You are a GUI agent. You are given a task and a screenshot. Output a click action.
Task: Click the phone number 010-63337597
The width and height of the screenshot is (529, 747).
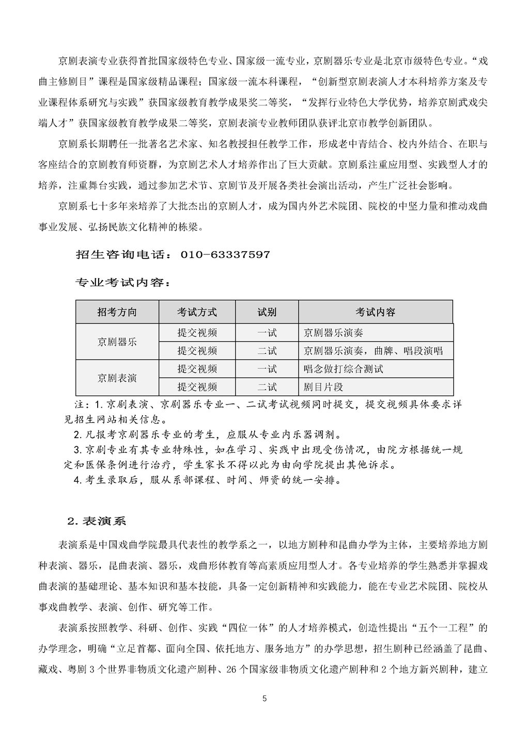[x=225, y=255]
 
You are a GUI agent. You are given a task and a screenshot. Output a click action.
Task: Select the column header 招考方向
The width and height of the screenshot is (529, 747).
[x=117, y=312]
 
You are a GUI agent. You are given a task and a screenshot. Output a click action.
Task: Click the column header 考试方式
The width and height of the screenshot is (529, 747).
[x=197, y=312]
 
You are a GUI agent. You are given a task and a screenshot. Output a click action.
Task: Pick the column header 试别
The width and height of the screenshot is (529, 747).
[x=267, y=312]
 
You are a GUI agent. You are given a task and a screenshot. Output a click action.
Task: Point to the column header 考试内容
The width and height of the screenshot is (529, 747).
[x=376, y=312]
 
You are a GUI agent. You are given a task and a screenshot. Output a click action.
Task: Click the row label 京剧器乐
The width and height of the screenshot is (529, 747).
[x=117, y=342]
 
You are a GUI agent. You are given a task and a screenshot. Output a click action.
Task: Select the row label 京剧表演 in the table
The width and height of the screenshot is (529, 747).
[x=117, y=378]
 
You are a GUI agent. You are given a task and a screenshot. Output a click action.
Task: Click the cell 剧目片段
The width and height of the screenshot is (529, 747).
[x=323, y=387]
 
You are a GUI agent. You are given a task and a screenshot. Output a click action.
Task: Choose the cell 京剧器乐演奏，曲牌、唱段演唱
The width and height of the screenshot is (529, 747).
[x=373, y=351]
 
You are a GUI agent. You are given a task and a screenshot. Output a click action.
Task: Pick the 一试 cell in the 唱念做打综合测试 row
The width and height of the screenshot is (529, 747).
[x=267, y=369]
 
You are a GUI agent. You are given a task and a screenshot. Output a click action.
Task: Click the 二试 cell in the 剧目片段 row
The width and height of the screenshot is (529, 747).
[x=267, y=387]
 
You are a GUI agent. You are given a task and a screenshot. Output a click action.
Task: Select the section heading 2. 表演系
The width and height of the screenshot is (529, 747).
[x=97, y=521]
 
